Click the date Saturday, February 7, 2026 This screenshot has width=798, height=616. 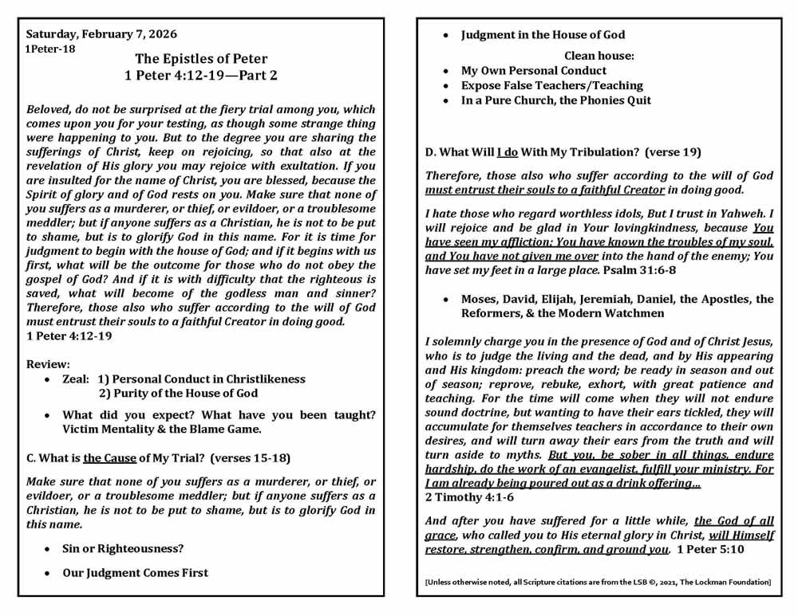tap(101, 34)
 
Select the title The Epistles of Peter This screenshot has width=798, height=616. tap(201, 59)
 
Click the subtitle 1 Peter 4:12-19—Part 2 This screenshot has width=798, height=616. tap(201, 76)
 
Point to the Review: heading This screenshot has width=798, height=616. tap(49, 363)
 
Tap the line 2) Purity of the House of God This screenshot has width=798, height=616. tap(178, 393)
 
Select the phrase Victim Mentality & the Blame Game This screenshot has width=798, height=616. tap(161, 429)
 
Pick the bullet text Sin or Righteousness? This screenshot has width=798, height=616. tap(124, 548)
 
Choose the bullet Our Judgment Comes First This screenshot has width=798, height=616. tap(136, 572)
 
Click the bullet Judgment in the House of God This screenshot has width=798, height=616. tap(543, 34)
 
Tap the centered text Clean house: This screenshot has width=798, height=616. tap(599, 56)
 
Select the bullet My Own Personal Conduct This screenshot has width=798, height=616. tap(534, 70)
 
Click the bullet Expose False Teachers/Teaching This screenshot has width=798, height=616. tap(552, 85)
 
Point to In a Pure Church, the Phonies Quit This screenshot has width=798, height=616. tap(556, 100)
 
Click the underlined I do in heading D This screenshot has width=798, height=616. tap(510, 151)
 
